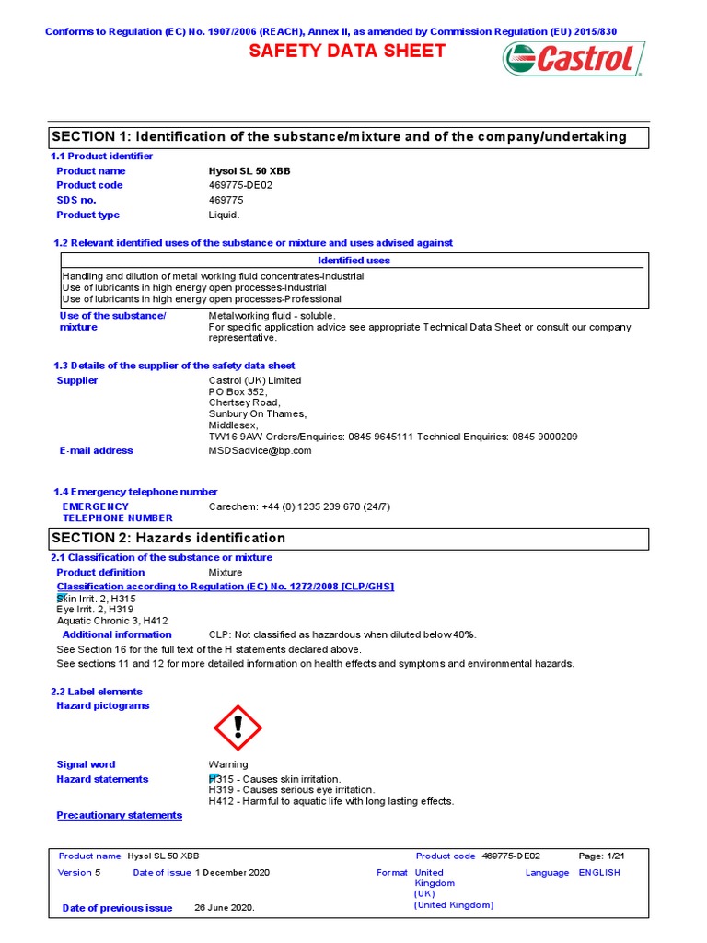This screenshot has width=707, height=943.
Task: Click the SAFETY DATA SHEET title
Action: tap(348, 52)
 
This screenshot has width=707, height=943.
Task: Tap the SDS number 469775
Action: tap(226, 200)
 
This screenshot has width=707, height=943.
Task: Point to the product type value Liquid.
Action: tap(224, 215)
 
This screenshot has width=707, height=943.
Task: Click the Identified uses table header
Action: tap(353, 261)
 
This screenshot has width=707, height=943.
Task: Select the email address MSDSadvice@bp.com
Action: tap(261, 450)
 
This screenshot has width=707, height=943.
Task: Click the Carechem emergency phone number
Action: tap(299, 506)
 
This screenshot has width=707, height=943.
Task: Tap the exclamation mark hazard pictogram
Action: tap(238, 728)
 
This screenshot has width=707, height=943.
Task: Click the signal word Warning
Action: tap(228, 764)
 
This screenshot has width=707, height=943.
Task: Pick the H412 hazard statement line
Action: tap(331, 801)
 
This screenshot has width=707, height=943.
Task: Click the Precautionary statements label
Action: tap(120, 815)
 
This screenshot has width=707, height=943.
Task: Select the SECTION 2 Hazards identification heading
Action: tap(168, 538)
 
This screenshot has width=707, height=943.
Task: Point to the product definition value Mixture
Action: tap(226, 572)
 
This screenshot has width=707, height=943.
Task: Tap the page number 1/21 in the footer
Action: tap(599, 856)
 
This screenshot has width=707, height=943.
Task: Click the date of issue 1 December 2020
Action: tap(232, 872)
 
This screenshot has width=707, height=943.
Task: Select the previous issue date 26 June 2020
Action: tap(225, 907)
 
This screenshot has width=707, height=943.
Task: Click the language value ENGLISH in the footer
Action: tap(599, 872)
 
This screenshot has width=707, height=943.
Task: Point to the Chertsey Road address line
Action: tap(245, 402)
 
